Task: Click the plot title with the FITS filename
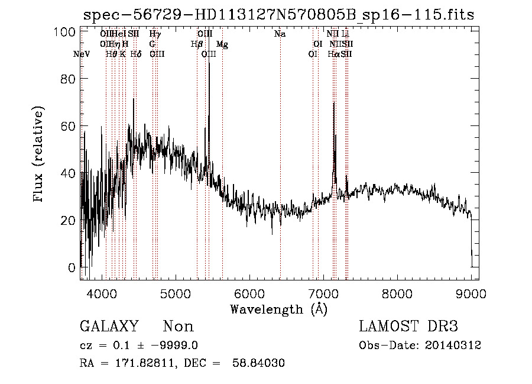[279, 15]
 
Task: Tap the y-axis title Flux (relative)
[40, 154]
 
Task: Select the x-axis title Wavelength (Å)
[279, 309]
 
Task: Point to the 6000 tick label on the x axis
[249, 292]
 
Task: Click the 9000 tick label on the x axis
[471, 292]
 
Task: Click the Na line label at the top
[280, 34]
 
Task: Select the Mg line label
[222, 44]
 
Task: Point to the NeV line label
[82, 54]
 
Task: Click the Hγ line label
[155, 34]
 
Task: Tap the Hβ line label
[197, 44]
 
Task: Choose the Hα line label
[333, 54]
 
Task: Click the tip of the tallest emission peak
[209, 63]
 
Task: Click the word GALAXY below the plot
[109, 327]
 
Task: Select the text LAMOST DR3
[408, 327]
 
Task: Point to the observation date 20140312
[456, 346]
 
